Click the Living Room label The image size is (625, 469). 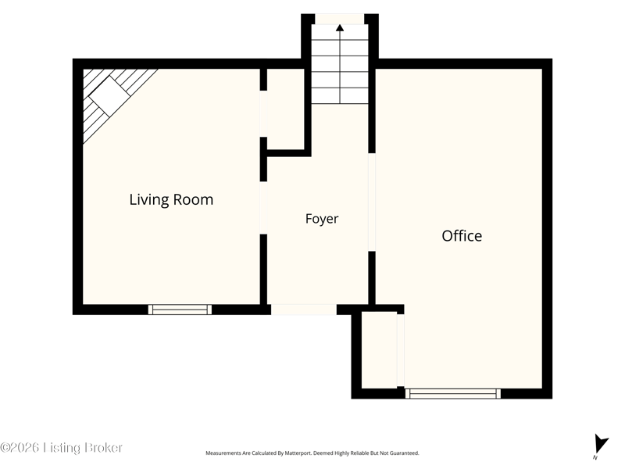click(x=171, y=199)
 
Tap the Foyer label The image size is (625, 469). click(x=322, y=219)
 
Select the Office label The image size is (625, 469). click(x=462, y=236)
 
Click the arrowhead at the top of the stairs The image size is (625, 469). click(x=340, y=27)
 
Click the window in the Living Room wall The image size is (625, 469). click(x=180, y=310)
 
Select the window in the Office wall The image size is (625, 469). click(x=453, y=394)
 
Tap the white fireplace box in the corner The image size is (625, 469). click(x=109, y=96)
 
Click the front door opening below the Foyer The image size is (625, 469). click(x=304, y=310)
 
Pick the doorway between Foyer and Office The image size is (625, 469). click(x=372, y=202)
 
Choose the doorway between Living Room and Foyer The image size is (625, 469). click(x=263, y=208)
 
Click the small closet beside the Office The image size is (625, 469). click(x=380, y=349)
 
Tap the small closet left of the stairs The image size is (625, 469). click(x=285, y=109)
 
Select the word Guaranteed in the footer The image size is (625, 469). click(x=405, y=453)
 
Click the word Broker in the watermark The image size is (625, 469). click(x=102, y=447)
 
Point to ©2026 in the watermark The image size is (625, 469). click(x=20, y=447)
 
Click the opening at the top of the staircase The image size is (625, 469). click(x=340, y=19)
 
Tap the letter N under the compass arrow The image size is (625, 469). click(x=595, y=457)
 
